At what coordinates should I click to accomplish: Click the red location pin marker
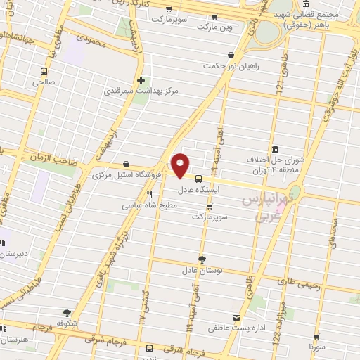[x=181, y=165]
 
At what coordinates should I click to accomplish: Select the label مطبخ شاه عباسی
[x=150, y=205]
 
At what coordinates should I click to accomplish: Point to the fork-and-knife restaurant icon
[x=149, y=194]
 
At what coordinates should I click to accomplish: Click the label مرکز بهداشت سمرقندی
[x=141, y=91]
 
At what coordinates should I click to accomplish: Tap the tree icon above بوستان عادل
[x=202, y=259]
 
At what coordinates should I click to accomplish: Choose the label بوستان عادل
[x=202, y=270]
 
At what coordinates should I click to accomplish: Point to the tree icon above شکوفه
[x=67, y=313]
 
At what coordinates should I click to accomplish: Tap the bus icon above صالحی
[x=44, y=71]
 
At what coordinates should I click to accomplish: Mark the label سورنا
[x=314, y=347]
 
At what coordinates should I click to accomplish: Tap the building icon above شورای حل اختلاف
[x=274, y=149]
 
